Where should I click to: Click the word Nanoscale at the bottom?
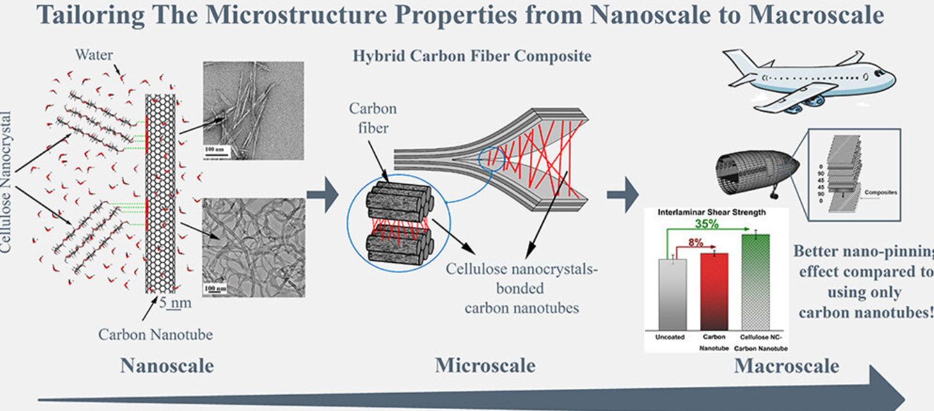(x=167, y=366)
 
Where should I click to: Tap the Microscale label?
(x=485, y=366)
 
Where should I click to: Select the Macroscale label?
(x=787, y=366)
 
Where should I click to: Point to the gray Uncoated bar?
(x=671, y=294)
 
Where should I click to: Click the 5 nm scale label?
(x=175, y=303)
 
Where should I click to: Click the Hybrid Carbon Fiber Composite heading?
(x=471, y=55)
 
